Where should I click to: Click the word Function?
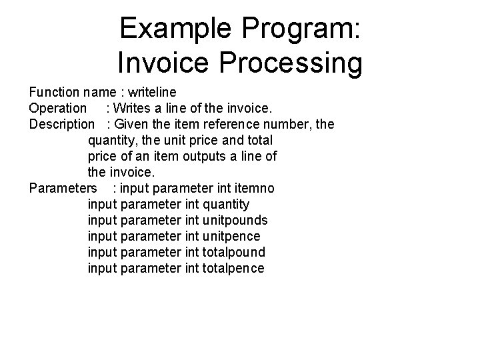tap(53, 92)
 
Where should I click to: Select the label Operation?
tap(58, 108)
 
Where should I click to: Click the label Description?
tap(62, 124)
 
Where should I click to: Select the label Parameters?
tap(64, 188)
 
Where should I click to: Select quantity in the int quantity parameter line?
tap(227, 204)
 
